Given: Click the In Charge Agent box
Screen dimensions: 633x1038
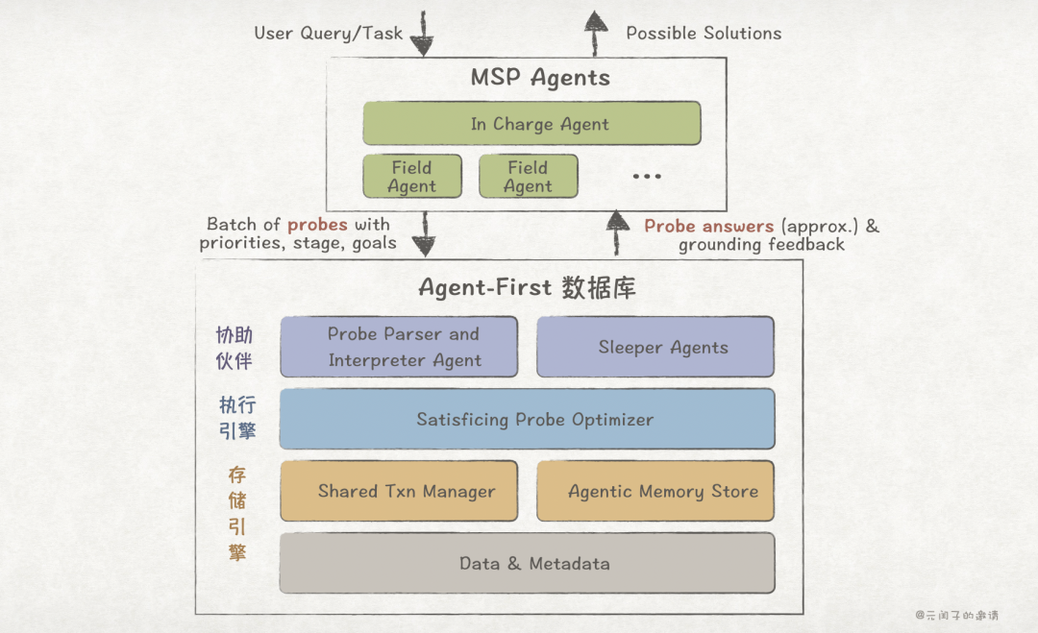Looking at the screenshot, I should pyautogui.click(x=531, y=124).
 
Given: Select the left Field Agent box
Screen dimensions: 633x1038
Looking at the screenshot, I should pyautogui.click(x=411, y=177).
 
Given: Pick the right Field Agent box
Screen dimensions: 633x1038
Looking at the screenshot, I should pyautogui.click(x=528, y=177).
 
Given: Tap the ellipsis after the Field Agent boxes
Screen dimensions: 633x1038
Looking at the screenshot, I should pyautogui.click(x=647, y=177).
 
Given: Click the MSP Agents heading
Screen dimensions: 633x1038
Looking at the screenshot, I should pyautogui.click(x=540, y=78).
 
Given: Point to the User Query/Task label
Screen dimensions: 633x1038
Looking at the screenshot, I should pyautogui.click(x=329, y=34).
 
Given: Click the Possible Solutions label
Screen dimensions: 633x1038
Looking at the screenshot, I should pyautogui.click(x=704, y=34).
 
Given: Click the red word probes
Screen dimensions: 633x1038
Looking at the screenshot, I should pyautogui.click(x=317, y=225).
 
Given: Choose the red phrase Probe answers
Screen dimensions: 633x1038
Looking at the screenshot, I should pyautogui.click(x=708, y=227).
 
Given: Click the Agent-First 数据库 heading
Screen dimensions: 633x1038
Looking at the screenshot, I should pyautogui.click(x=527, y=287).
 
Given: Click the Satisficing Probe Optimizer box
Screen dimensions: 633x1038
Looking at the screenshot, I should pyautogui.click(x=527, y=419).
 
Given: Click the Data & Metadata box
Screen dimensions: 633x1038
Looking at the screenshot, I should pyautogui.click(x=527, y=563).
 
